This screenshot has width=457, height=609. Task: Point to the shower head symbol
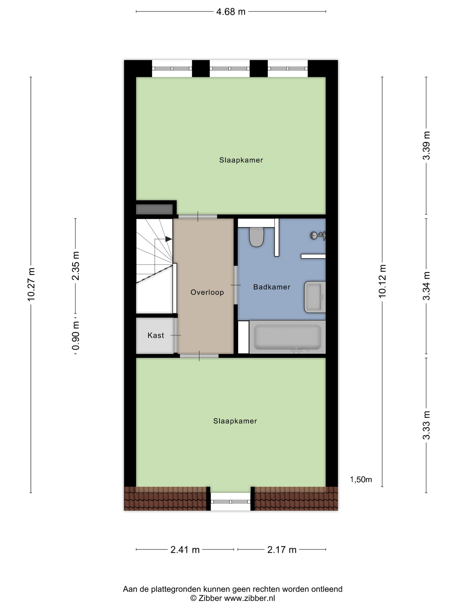(x=318, y=235)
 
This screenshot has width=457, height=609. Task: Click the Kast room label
(x=156, y=335)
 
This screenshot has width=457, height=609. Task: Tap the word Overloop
(x=207, y=292)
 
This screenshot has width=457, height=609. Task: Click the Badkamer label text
(x=272, y=287)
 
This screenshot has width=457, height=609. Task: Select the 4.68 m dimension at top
(x=230, y=12)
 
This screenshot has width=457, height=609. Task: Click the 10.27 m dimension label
(x=31, y=284)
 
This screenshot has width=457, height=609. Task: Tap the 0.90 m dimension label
(x=76, y=335)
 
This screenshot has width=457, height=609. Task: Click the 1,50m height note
(x=361, y=480)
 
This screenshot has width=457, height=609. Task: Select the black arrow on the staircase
(x=168, y=239)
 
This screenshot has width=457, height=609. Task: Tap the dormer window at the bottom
(x=230, y=501)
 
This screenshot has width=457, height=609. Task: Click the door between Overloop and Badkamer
(x=235, y=285)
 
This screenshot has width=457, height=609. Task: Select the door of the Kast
(x=175, y=335)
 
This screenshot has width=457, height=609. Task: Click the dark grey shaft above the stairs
(x=154, y=209)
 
